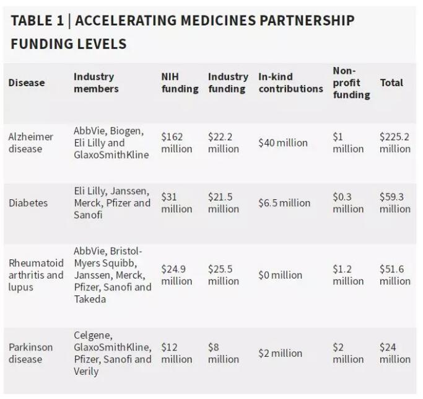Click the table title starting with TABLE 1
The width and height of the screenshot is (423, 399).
(182, 32)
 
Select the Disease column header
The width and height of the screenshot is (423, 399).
(27, 83)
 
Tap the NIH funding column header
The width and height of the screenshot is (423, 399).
(180, 83)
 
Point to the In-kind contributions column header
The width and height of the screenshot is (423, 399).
(290, 83)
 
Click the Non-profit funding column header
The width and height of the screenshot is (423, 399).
(351, 83)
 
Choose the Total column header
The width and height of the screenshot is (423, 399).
(391, 83)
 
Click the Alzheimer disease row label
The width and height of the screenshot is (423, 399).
(31, 143)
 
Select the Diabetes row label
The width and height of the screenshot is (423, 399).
(28, 203)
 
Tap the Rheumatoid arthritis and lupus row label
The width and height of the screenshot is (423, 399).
(36, 275)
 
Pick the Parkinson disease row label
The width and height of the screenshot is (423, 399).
(31, 353)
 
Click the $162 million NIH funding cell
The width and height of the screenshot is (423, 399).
(177, 143)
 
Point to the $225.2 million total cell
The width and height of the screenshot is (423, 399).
(395, 143)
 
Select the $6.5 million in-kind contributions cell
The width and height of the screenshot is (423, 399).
(284, 203)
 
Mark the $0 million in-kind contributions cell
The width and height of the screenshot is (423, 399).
(280, 275)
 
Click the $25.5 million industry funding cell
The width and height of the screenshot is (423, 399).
(223, 275)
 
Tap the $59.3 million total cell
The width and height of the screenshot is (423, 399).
(395, 203)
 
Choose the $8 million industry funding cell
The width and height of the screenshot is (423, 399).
(223, 353)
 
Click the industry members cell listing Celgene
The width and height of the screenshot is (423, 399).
(112, 353)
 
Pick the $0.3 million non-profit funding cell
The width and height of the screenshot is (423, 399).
(348, 203)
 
